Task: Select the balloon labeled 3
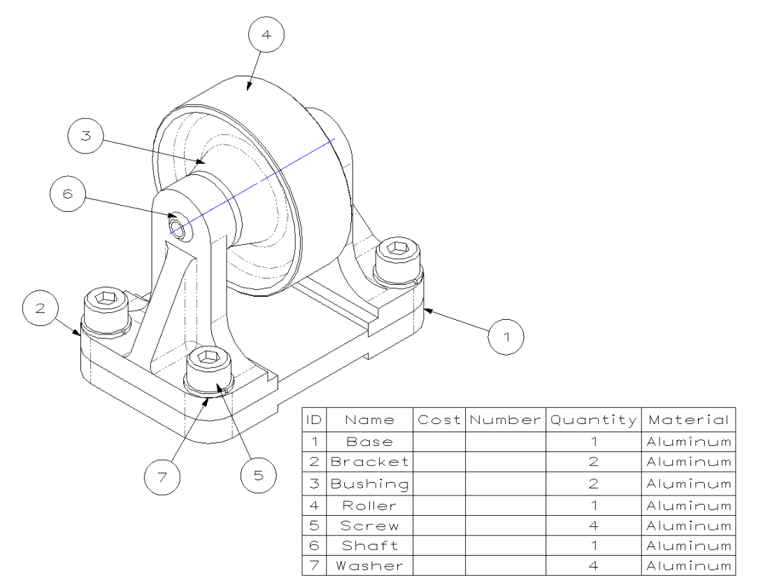[86, 136]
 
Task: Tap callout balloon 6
[68, 195]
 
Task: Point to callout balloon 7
[162, 477]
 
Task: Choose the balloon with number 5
[258, 475]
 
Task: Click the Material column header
[688, 420]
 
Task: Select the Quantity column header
[593, 420]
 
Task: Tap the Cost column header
[439, 420]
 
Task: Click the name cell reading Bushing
[369, 484]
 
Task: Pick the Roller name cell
[369, 505]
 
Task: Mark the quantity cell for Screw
[593, 525]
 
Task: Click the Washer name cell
[369, 565]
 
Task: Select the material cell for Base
[688, 442]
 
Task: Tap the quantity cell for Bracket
[593, 462]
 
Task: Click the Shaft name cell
[369, 545]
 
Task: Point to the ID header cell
[314, 420]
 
